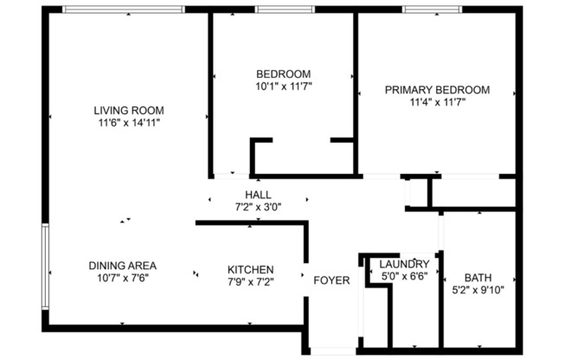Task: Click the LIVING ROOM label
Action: (x=129, y=110)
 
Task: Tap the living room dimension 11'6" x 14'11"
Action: (x=129, y=123)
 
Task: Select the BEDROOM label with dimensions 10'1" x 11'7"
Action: (x=283, y=74)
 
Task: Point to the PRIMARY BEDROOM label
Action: (x=437, y=89)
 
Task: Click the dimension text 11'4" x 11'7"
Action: (x=437, y=102)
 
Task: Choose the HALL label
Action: (x=258, y=195)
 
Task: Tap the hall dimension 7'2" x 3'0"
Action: (x=258, y=208)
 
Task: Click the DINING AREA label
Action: (x=122, y=266)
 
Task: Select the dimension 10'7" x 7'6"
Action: (x=122, y=278)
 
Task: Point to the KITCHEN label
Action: (x=251, y=269)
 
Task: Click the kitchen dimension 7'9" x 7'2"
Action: (x=251, y=281)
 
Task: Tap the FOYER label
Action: (x=330, y=280)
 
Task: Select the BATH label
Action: (x=477, y=278)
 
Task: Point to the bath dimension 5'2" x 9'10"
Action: (x=477, y=290)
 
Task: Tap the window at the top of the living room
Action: (x=125, y=10)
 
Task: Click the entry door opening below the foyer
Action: (x=331, y=351)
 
